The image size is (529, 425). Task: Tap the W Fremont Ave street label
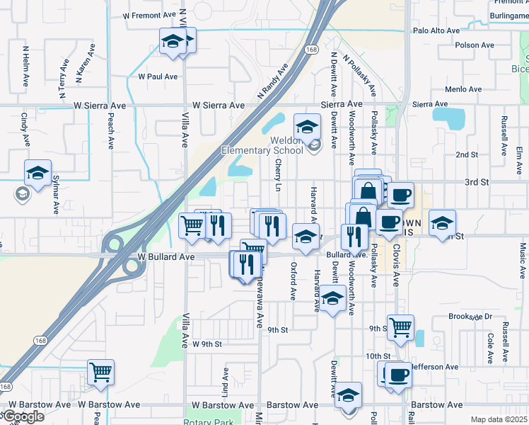[149, 14]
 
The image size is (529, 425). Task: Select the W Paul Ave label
[158, 76]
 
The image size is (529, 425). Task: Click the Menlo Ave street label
[463, 89]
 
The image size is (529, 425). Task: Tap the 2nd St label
[467, 154]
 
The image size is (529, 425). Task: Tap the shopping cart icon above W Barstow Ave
[101, 371]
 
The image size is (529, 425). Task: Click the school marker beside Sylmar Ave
[37, 172]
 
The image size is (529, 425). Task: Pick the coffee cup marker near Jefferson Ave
[397, 374]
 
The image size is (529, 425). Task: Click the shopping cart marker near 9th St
[401, 327]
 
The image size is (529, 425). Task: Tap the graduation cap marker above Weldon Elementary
[307, 127]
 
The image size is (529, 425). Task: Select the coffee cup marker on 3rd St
[401, 194]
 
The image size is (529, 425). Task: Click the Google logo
[23, 416]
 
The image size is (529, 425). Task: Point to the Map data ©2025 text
[499, 419]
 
